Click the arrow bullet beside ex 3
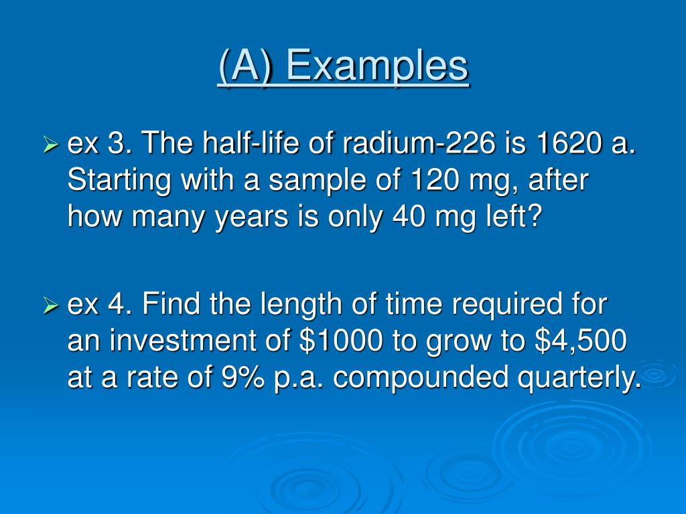point(51,143)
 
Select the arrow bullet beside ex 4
point(51,307)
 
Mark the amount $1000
point(340,342)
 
